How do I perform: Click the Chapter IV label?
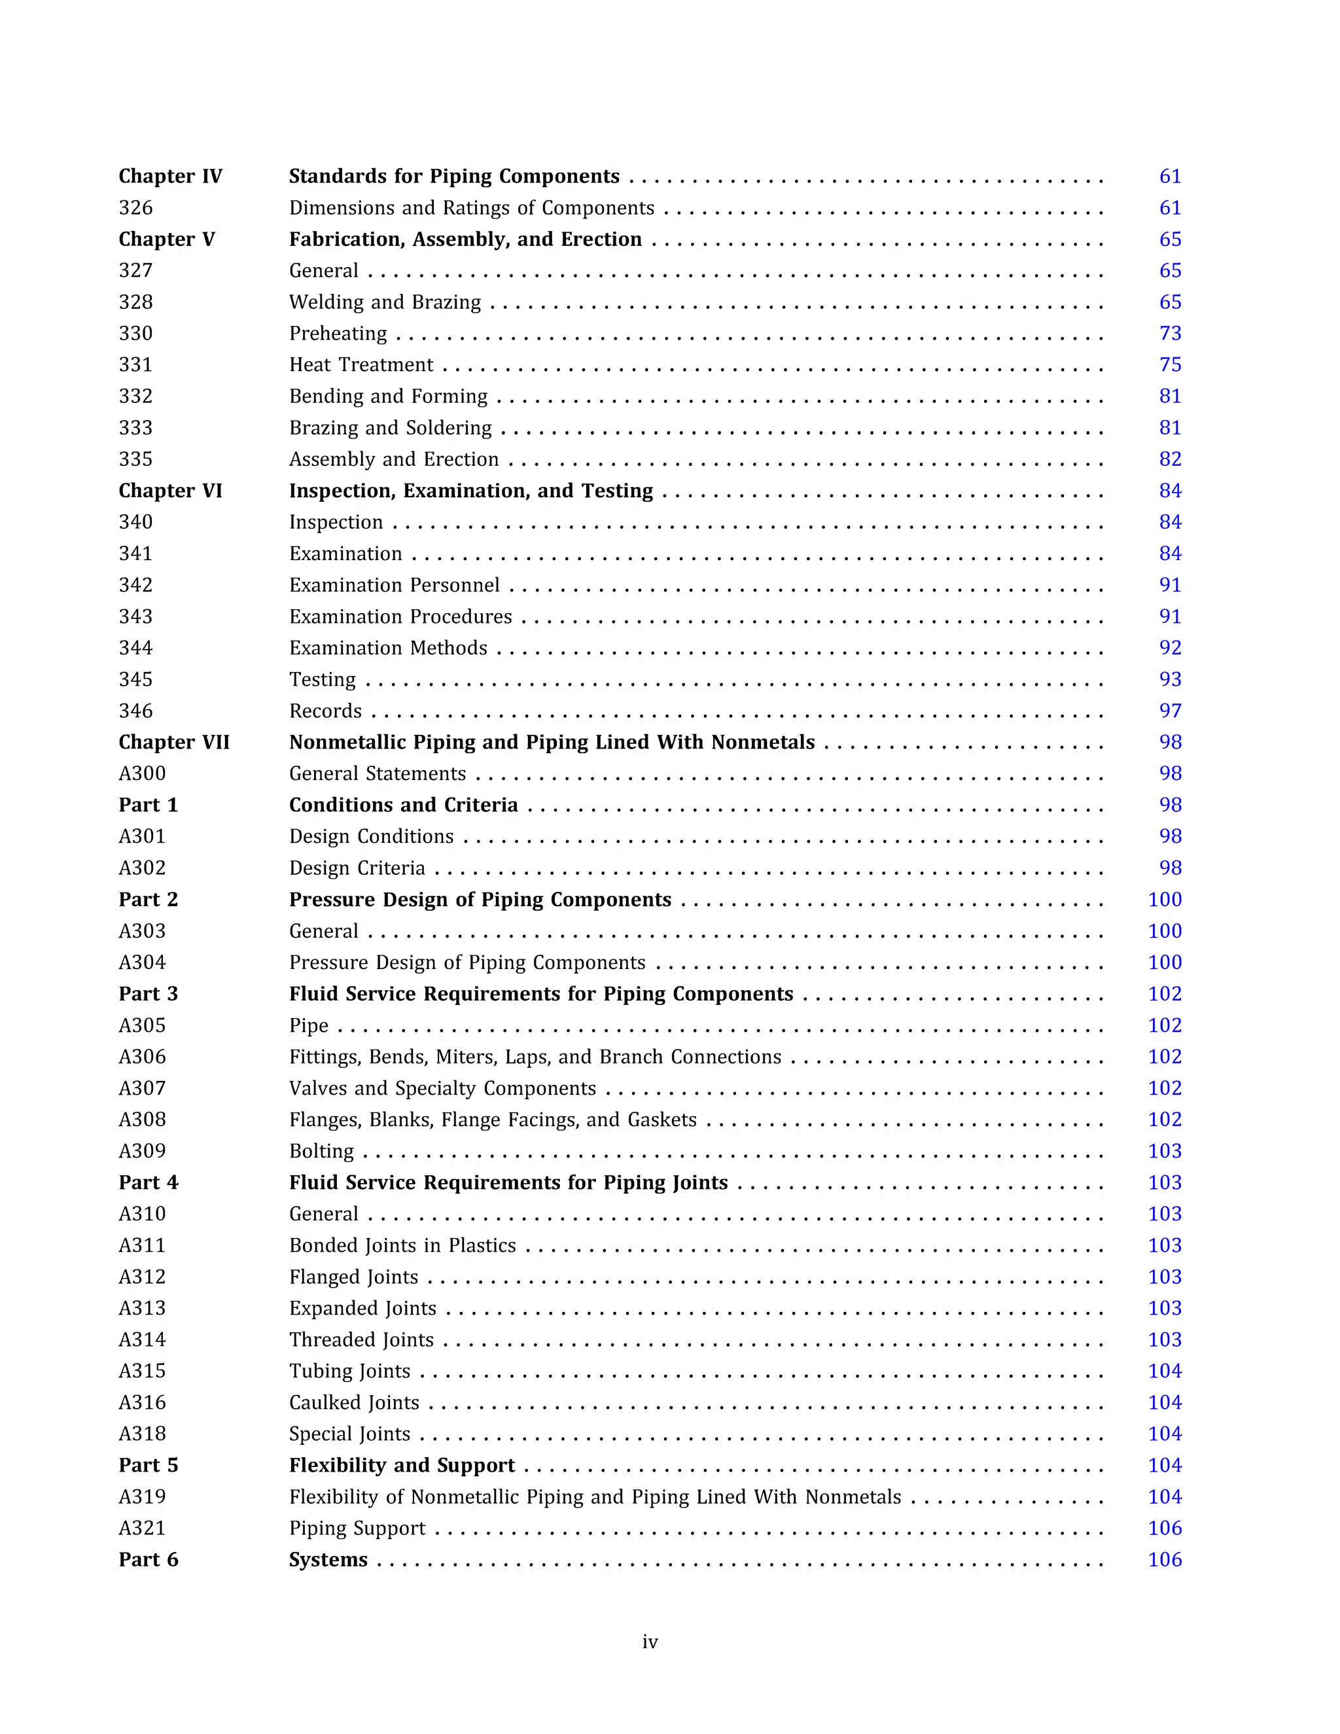click(170, 176)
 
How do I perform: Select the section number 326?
click(135, 208)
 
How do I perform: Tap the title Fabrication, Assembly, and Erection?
click(465, 239)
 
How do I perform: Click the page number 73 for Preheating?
click(1169, 334)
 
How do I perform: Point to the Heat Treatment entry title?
click(361, 365)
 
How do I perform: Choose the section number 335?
click(135, 460)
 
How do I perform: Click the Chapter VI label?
click(170, 491)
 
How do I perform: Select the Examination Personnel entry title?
click(395, 585)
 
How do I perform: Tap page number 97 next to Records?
click(1169, 711)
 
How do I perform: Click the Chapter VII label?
click(174, 743)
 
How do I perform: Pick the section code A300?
click(142, 773)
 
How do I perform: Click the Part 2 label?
click(149, 900)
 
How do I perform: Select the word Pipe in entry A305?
click(309, 1026)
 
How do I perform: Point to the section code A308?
click(142, 1120)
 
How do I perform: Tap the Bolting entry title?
click(321, 1151)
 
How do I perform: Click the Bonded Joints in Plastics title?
click(402, 1246)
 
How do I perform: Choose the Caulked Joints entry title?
click(354, 1403)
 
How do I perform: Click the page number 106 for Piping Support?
click(1165, 1529)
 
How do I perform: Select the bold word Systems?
click(328, 1560)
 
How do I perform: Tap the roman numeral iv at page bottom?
click(650, 1642)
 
